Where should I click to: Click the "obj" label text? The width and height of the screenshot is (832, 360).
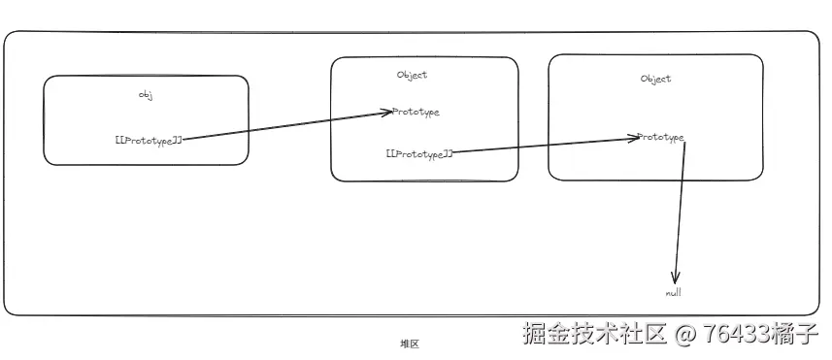coord(147,95)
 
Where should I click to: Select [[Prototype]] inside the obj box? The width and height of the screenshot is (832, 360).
coord(149,141)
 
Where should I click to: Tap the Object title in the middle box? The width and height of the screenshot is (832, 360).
coord(412,75)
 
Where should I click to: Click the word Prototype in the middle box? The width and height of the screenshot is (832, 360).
coord(416,112)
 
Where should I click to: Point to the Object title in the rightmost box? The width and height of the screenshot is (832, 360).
coord(655,79)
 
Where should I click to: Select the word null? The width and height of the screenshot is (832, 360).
coord(675,292)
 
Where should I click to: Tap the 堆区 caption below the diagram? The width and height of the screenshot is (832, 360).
coord(409,344)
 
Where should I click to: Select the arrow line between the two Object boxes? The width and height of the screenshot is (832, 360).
coord(544,145)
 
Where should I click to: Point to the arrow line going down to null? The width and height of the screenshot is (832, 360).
coord(680,209)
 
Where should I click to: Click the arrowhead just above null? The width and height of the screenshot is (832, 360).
coord(676,278)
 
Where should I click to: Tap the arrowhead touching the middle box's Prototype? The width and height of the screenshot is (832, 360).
coord(386,113)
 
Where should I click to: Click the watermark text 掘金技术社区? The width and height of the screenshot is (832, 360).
coord(594,335)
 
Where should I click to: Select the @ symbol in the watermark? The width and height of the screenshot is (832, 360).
coord(685,335)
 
